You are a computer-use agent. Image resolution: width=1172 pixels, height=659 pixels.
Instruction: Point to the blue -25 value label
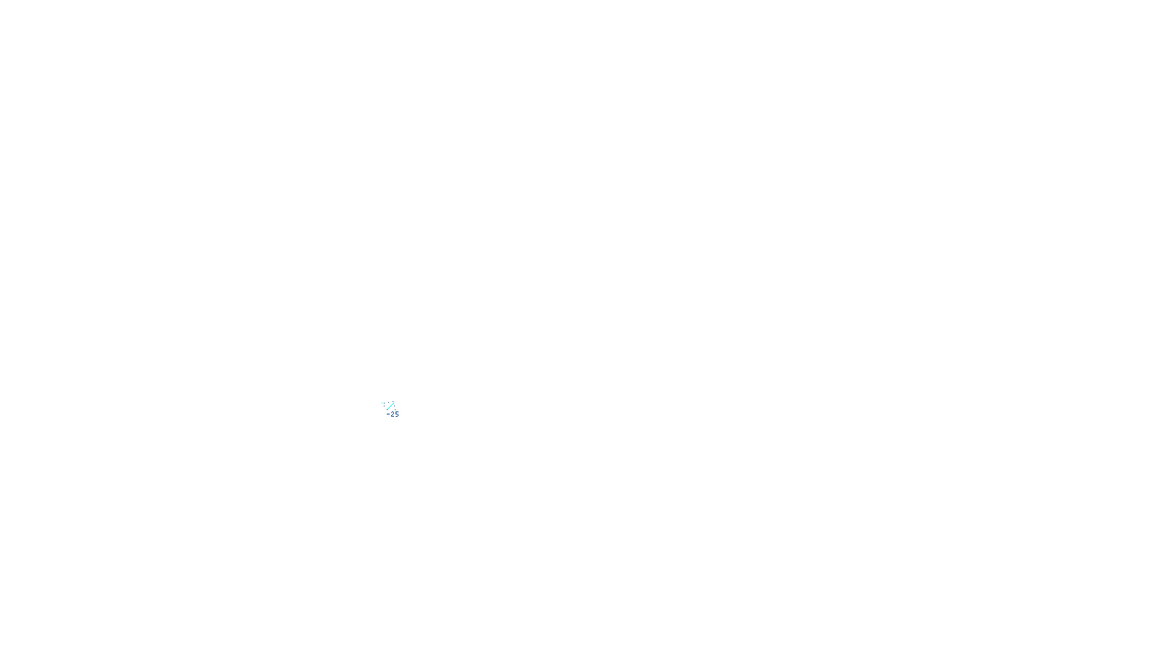tap(393, 414)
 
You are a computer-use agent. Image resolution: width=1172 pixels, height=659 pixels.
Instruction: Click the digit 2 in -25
tap(393, 414)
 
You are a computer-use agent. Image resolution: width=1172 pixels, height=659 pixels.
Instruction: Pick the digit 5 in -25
tap(397, 414)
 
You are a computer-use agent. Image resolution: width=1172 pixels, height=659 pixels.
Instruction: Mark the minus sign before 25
tap(388, 414)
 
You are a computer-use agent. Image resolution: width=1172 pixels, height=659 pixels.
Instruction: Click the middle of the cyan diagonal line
tap(390, 406)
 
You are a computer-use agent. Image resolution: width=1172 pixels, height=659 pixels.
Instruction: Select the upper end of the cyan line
tap(394, 403)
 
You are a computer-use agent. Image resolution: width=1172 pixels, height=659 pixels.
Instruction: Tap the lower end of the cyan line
tap(387, 409)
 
